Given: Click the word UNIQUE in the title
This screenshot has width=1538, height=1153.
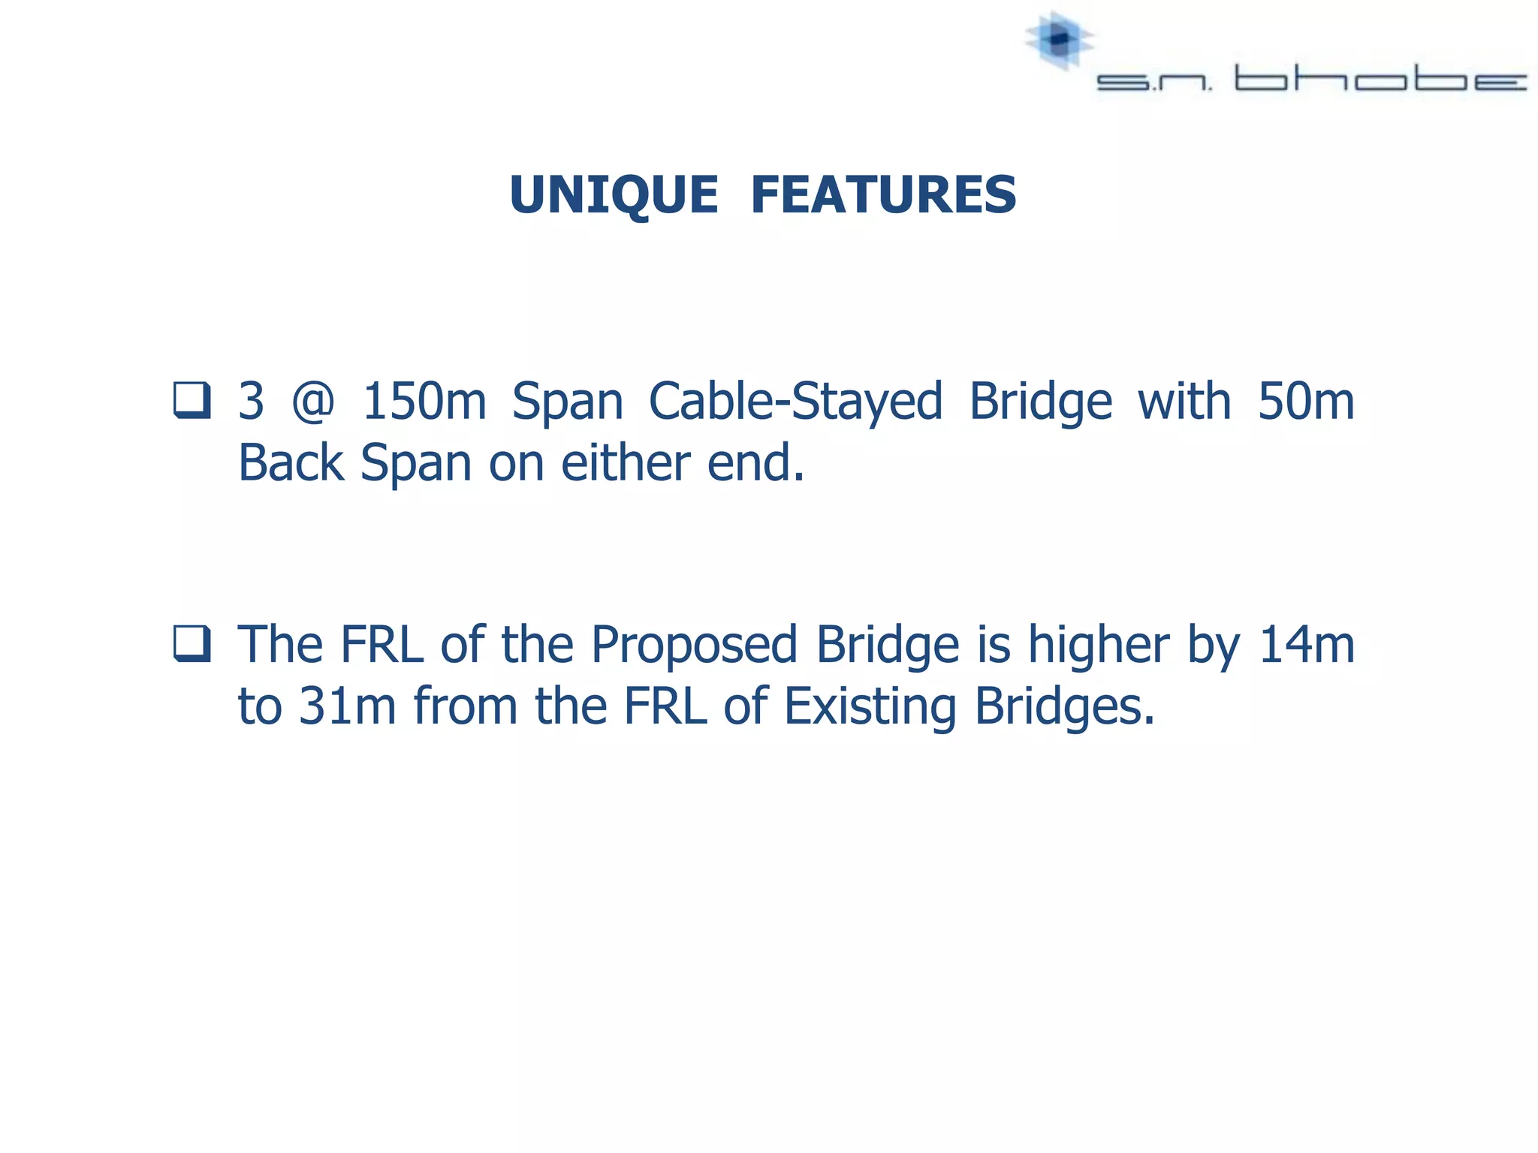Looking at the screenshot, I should coord(614,195).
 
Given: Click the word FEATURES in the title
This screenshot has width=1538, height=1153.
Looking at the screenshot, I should coord(883,195).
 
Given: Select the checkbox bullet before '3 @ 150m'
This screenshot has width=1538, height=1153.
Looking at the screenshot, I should coord(191,400).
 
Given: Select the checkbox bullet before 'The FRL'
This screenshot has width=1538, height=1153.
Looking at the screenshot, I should coord(191,643).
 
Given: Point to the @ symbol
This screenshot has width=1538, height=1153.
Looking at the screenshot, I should coord(312,402).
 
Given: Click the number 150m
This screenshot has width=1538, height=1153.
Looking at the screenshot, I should coord(424,402).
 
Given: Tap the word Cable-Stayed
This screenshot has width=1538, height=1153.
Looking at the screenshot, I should coord(795,402).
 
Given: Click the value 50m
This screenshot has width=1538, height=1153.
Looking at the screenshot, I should coord(1306,402).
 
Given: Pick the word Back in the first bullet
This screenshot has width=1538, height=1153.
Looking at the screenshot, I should coord(291,463).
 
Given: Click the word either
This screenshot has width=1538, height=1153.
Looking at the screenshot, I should coord(625,463).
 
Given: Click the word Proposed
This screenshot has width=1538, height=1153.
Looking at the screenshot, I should coord(693,646).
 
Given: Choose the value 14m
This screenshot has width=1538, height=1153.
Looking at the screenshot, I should coord(1307,646).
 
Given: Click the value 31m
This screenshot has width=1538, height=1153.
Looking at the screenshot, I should coord(347,706).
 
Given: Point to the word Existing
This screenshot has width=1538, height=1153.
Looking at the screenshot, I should coord(870,708).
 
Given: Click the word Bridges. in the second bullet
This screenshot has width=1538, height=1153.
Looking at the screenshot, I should coord(1064,708).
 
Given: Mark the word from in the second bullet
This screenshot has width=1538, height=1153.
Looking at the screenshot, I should coord(466,706).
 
